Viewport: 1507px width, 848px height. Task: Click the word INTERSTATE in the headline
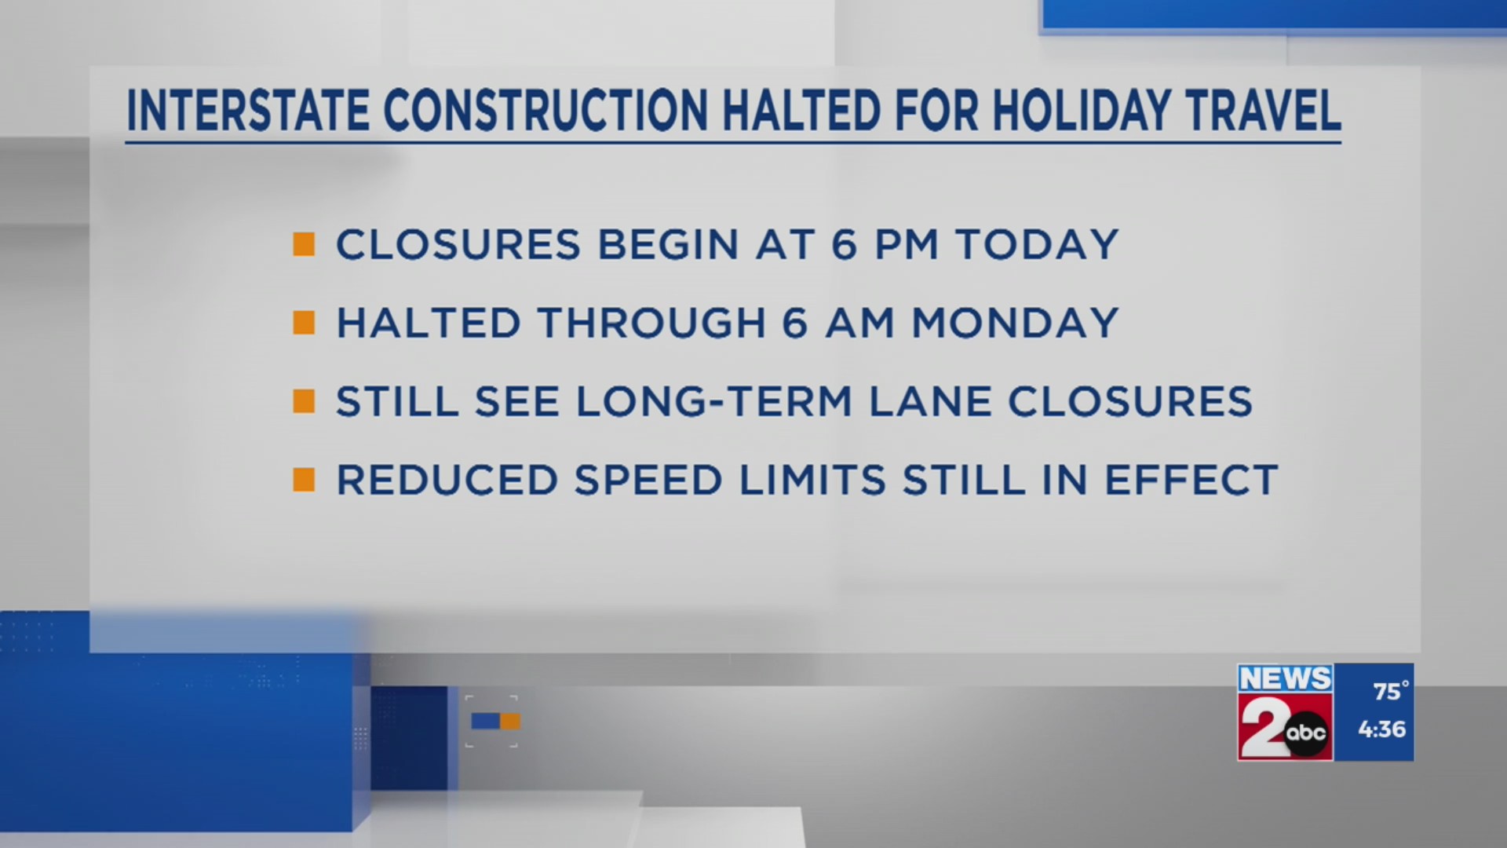point(247,111)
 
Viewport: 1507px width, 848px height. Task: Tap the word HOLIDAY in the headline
point(1081,111)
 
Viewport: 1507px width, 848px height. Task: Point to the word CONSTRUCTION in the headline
point(546,111)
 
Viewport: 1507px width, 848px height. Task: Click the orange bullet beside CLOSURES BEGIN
point(304,244)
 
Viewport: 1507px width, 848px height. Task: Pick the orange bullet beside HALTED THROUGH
point(304,323)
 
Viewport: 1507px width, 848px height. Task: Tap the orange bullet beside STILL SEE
point(304,401)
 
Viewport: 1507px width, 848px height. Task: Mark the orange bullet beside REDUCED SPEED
point(304,480)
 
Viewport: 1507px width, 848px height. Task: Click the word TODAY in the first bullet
point(1037,244)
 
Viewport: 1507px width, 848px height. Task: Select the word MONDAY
point(1015,323)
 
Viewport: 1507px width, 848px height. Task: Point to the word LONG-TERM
point(714,401)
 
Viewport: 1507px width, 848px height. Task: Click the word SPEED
point(648,480)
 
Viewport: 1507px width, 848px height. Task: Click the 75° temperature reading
point(1390,691)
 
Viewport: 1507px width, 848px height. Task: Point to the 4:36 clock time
point(1381,729)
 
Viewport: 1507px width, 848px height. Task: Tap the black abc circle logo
point(1306,733)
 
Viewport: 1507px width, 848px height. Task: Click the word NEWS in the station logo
point(1285,678)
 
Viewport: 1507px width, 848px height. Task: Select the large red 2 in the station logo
point(1262,727)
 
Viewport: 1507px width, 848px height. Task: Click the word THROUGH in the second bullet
point(651,323)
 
